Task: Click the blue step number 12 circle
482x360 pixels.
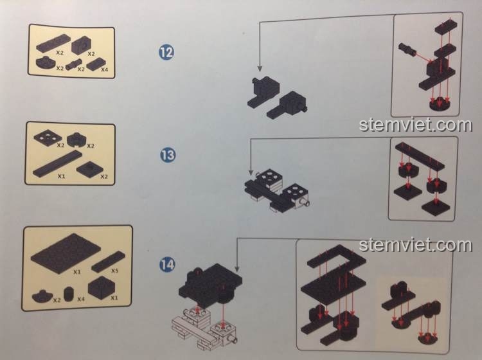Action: [166, 52]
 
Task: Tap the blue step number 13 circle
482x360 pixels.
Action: [168, 155]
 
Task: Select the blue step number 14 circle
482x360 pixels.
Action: [167, 265]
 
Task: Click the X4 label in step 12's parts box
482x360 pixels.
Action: [105, 70]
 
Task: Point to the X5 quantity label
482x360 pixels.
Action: [114, 271]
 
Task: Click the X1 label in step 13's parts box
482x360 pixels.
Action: [62, 176]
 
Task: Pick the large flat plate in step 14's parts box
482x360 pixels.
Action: [66, 253]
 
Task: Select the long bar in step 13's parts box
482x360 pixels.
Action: [57, 164]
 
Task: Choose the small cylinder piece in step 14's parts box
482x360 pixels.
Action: [69, 294]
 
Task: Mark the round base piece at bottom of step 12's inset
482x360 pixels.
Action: [439, 104]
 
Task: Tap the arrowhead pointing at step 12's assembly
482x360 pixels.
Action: [260, 69]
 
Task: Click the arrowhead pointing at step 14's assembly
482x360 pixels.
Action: [237, 269]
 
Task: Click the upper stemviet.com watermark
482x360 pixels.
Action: [415, 125]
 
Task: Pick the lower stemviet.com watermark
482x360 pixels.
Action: [415, 245]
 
